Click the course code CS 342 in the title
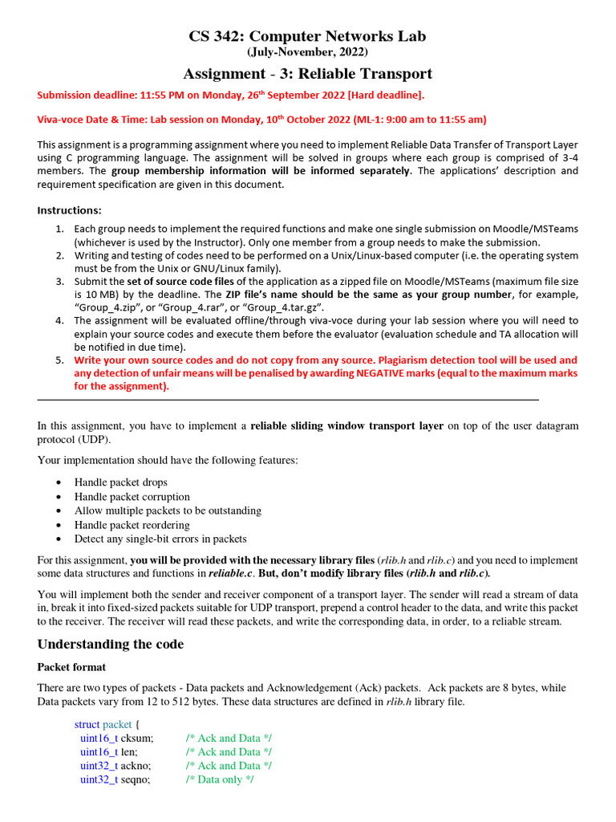pos(216,36)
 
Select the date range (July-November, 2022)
pos(307,52)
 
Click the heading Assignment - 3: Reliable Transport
pos(307,74)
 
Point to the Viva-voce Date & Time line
pos(261,120)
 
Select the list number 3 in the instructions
pos(60,282)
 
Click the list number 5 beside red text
pos(60,360)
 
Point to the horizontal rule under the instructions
pos(288,399)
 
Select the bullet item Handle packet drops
pos(121,482)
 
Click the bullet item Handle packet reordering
pos(132,525)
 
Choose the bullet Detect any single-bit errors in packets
pos(160,539)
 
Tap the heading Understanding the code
pos(111,645)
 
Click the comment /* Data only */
pos(220,779)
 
